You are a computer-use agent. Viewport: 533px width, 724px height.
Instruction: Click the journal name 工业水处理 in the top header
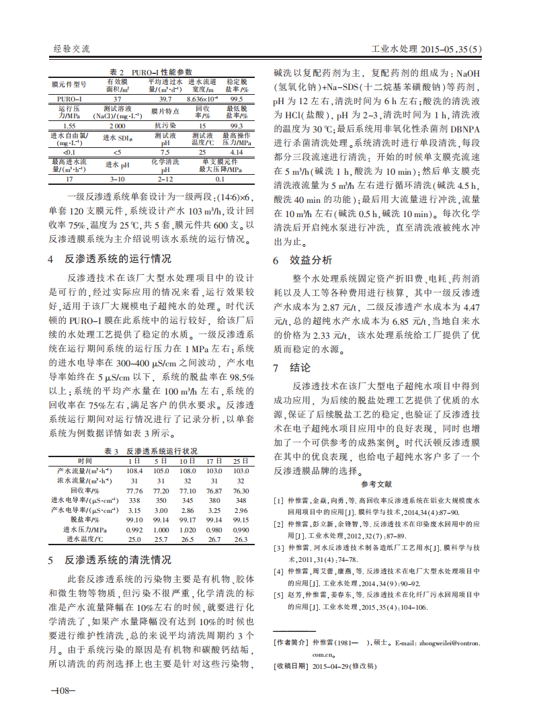394,50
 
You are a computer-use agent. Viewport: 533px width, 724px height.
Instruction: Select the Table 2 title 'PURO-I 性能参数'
161,72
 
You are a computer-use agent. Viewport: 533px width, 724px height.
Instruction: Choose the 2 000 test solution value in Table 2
117,126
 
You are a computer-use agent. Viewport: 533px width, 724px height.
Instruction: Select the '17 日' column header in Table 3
214,461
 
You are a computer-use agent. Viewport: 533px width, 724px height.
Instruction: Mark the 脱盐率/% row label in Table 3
85,520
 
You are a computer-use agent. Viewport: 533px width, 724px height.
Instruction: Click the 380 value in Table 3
214,500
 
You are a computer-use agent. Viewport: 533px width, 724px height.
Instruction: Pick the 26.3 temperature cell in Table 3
241,539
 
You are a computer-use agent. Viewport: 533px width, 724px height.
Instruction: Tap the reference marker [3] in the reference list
278,548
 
